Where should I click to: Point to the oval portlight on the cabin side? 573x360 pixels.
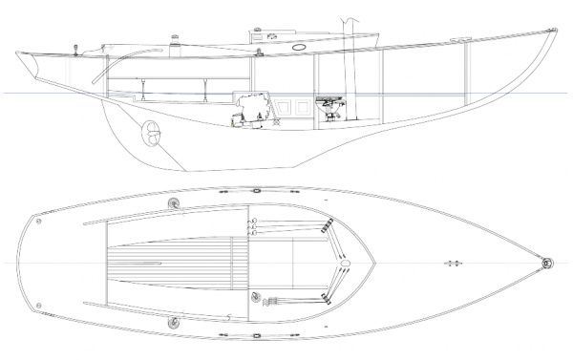click(x=299, y=45)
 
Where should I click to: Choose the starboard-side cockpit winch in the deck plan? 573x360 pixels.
click(x=173, y=322)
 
